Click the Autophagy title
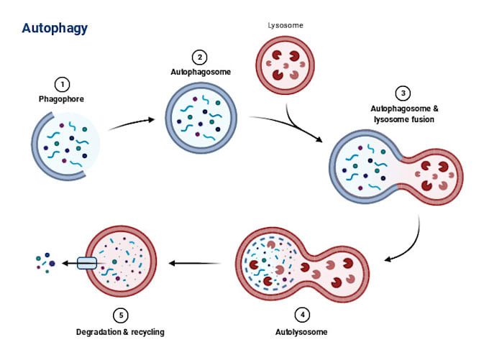[55, 28]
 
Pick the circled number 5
[121, 315]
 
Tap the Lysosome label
[285, 25]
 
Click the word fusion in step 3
[421, 119]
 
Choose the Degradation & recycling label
[121, 332]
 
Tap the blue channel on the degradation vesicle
[86, 264]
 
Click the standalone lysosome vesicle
[285, 68]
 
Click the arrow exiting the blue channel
[68, 264]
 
